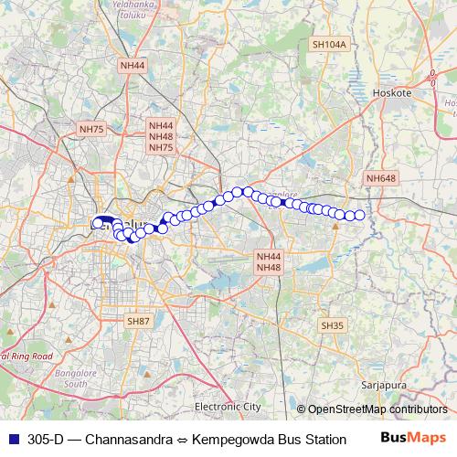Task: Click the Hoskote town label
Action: click(394, 93)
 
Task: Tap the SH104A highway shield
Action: click(329, 44)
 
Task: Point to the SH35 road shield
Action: click(331, 325)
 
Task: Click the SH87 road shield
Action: click(138, 321)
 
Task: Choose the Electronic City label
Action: click(228, 406)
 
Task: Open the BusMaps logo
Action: click(411, 438)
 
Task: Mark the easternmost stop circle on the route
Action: click(359, 216)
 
